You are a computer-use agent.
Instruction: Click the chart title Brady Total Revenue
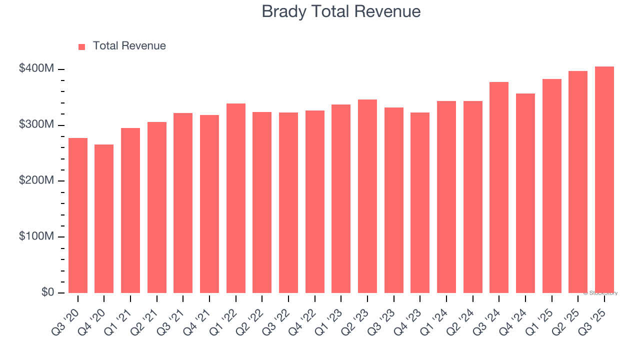[x=341, y=11]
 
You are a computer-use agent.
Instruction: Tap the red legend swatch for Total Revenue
[x=82, y=46]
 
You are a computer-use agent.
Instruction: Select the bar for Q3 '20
[x=78, y=215]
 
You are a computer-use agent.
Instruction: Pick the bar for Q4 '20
[x=104, y=218]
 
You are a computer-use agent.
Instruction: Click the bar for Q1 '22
[x=235, y=198]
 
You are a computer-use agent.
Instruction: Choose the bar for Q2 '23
[x=367, y=196]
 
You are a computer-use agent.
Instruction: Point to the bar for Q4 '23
[x=420, y=202]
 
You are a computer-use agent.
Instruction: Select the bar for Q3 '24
[x=499, y=187]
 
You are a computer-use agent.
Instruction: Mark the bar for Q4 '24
[x=525, y=193]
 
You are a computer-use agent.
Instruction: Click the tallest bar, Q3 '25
[x=604, y=179]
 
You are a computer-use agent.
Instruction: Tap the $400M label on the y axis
[x=36, y=68]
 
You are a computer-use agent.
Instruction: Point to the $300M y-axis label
[x=36, y=124]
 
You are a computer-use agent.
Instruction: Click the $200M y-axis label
[x=36, y=180]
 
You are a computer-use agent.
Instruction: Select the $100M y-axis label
[x=36, y=236]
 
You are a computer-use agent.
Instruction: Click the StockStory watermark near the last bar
[x=600, y=293]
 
